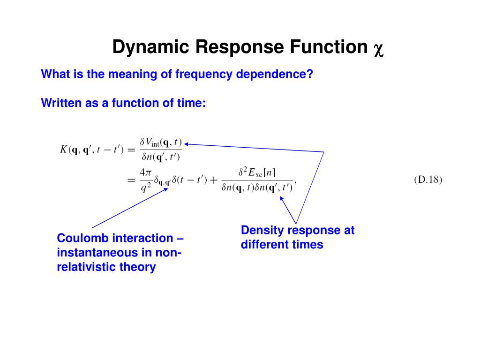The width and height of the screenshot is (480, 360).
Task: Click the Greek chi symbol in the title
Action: [x=378, y=49]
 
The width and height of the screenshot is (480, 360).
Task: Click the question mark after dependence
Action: [x=309, y=74]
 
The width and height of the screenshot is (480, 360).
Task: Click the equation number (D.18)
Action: [x=428, y=180]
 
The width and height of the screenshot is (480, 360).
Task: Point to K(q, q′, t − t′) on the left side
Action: [x=92, y=150]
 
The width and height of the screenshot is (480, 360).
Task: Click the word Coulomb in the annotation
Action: [x=82, y=238]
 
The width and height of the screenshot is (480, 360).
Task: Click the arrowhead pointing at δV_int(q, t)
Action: [x=186, y=144]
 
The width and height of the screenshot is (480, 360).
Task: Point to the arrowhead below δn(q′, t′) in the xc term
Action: [x=282, y=198]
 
